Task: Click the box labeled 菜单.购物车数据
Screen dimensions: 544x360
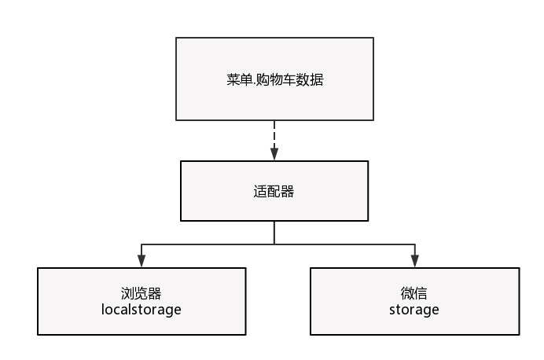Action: (274, 79)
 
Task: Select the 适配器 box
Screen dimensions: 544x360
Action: (274, 191)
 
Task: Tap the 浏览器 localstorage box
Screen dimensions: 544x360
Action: (142, 301)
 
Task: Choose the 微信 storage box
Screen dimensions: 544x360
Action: (414, 301)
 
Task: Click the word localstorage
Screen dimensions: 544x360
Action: (142, 310)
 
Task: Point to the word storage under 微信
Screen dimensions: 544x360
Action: (414, 310)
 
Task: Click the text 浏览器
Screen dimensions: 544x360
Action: (142, 293)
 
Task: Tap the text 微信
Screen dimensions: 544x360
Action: (414, 293)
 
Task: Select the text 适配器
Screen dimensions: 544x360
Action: (274, 192)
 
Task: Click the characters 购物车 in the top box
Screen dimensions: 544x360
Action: (276, 79)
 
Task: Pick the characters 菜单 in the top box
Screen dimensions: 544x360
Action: (240, 79)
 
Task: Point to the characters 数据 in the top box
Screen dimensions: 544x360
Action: (311, 79)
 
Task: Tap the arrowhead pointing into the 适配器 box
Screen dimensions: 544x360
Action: (274, 154)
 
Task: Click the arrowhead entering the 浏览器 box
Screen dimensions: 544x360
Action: (142, 261)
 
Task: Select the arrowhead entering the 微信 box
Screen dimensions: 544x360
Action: (415, 261)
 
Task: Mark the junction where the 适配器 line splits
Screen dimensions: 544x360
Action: (274, 244)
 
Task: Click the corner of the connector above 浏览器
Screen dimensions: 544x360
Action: (142, 244)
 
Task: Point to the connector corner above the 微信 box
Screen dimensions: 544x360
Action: (415, 244)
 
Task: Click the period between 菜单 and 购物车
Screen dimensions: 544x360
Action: (254, 85)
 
